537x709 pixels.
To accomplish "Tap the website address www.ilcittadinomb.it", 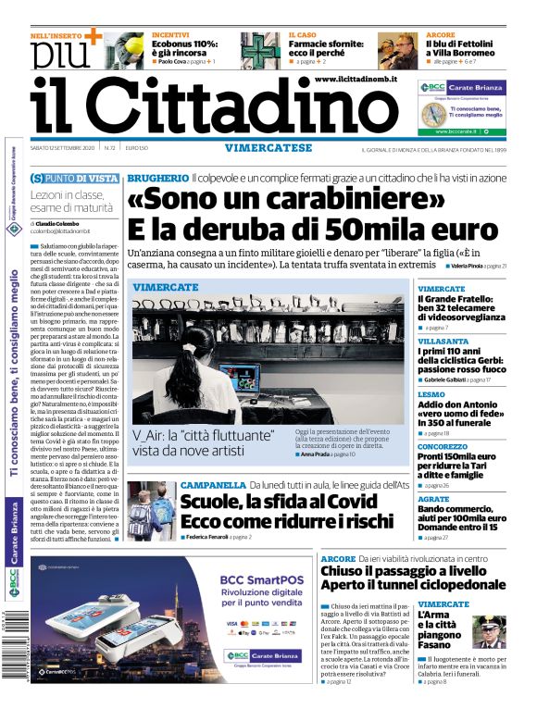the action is [356, 81].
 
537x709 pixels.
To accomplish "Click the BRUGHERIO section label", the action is [157, 176].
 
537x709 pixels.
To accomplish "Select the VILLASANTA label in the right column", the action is [443, 342].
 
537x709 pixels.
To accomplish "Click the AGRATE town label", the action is [433, 498].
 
